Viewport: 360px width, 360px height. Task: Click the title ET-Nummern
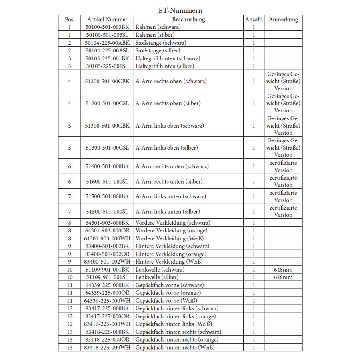tap(180, 11)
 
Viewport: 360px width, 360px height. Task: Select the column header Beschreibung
tap(188, 19)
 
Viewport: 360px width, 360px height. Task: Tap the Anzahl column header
tap(254, 19)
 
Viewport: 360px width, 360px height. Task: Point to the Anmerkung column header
tap(283, 19)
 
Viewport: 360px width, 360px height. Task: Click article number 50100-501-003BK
tap(107, 27)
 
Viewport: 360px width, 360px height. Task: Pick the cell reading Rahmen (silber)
tap(155, 35)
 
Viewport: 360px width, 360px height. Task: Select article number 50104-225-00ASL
tap(107, 50)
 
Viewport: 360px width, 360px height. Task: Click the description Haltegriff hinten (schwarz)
tap(168, 58)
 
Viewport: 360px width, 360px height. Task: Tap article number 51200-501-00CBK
tap(107, 81)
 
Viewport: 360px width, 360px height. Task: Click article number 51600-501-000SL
tap(107, 182)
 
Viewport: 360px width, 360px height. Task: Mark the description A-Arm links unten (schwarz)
tap(171, 196)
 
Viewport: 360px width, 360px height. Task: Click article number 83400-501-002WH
tap(107, 262)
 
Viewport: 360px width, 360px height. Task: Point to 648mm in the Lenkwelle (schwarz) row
tap(283, 270)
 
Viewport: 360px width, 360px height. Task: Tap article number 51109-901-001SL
tap(107, 277)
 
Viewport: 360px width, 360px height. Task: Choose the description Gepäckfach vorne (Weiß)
tap(166, 301)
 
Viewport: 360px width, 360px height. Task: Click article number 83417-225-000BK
tap(107, 308)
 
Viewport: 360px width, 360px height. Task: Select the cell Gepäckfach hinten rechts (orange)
tap(177, 340)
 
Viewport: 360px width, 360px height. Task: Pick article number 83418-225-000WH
tap(107, 348)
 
